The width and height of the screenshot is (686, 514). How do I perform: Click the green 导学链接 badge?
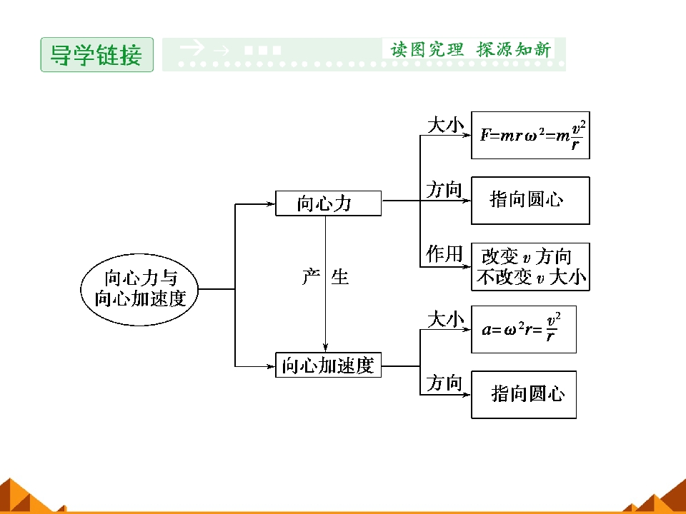[x=96, y=55]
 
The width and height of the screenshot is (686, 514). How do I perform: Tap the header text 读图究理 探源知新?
[x=470, y=49]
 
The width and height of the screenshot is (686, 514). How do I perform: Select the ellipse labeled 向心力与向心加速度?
[x=139, y=289]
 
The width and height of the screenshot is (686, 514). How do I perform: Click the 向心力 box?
[x=328, y=203]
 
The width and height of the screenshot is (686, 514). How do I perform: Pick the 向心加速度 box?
[x=328, y=365]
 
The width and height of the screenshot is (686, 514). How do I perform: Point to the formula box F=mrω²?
[x=530, y=135]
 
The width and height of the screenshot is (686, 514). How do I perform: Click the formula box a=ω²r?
[x=524, y=330]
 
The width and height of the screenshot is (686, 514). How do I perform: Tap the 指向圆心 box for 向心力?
[x=530, y=201]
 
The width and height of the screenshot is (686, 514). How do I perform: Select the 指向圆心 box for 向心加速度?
[x=524, y=395]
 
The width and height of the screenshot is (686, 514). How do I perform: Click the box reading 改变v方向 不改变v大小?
[x=530, y=266]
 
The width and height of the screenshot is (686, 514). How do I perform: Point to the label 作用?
[x=444, y=254]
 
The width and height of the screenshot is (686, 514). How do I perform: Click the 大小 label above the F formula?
[x=445, y=125]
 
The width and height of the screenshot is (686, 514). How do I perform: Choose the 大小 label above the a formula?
[x=445, y=320]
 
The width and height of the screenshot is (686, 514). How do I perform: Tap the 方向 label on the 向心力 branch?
[x=444, y=190]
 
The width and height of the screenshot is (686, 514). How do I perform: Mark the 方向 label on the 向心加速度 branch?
[x=444, y=383]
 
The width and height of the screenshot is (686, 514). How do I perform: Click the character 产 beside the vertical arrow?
[x=311, y=277]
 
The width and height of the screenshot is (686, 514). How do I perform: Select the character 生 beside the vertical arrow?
[x=340, y=277]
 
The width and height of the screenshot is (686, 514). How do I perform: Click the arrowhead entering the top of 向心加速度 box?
[x=325, y=348]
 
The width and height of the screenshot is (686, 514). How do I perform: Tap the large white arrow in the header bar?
[x=192, y=47]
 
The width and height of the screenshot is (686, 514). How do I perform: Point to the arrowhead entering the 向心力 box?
[x=270, y=203]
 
